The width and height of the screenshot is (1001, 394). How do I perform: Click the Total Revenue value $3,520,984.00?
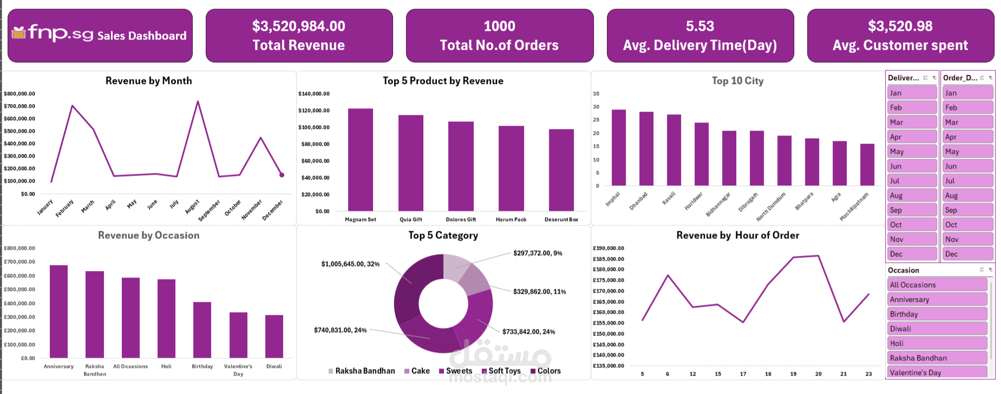tap(298, 26)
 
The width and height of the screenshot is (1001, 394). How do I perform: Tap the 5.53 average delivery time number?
tap(699, 26)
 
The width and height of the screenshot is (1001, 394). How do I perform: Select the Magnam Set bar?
tap(360, 160)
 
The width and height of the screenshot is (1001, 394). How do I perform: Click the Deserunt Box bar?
tap(561, 170)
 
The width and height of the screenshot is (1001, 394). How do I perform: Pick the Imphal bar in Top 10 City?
tap(618, 147)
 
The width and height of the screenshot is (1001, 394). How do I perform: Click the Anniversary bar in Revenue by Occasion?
tap(58, 312)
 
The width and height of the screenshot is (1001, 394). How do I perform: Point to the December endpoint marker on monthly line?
tap(282, 175)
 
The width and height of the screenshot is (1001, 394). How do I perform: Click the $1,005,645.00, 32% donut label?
tap(350, 264)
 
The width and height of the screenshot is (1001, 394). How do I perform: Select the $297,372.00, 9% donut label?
tap(538, 253)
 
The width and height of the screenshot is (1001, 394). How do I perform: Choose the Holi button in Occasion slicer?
tap(938, 344)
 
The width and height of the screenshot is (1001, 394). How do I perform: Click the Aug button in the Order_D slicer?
tap(967, 196)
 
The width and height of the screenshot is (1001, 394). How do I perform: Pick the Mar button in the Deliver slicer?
tap(912, 122)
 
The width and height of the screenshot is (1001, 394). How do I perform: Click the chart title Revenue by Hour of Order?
tap(737, 235)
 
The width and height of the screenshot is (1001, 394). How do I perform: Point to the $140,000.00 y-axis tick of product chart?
tap(314, 94)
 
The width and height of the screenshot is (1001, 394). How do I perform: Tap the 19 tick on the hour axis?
tap(793, 374)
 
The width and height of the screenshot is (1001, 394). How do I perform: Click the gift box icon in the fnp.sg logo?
tap(18, 33)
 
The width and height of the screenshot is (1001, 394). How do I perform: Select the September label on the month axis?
tap(209, 210)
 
